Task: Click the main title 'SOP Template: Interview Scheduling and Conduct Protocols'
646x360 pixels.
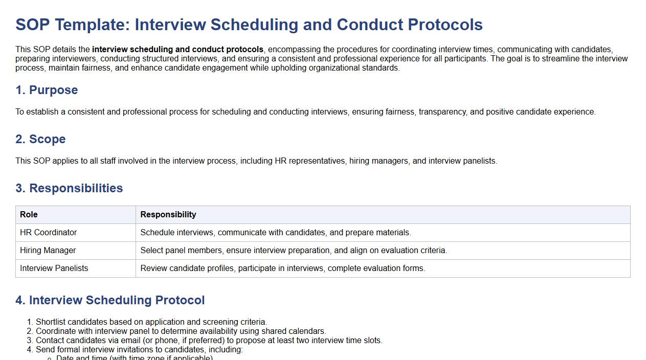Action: [x=249, y=25]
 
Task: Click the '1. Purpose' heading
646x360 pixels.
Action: [x=47, y=90]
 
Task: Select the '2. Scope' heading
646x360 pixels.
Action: [x=40, y=139]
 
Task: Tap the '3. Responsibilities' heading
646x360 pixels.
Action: [x=69, y=188]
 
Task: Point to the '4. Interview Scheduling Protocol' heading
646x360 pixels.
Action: [x=110, y=300]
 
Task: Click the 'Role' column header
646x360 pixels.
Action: [x=29, y=215]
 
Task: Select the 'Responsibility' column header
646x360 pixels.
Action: [x=168, y=215]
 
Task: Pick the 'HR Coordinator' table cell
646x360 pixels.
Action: [x=48, y=233]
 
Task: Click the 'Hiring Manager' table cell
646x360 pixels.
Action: [x=48, y=251]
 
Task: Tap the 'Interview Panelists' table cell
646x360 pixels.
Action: [x=54, y=268]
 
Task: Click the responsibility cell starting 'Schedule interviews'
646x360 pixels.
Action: [x=276, y=233]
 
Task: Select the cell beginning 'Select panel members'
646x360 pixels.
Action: [x=294, y=251]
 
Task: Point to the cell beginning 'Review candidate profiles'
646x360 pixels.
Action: [x=283, y=268]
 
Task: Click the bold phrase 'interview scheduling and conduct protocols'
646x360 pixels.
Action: [x=177, y=50]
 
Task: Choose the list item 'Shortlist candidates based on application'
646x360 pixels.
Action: [x=151, y=322]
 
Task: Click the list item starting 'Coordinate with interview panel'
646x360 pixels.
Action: [x=181, y=331]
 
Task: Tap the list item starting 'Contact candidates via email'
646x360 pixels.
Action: [x=209, y=341]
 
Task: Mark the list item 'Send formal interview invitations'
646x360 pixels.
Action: [x=139, y=350]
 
